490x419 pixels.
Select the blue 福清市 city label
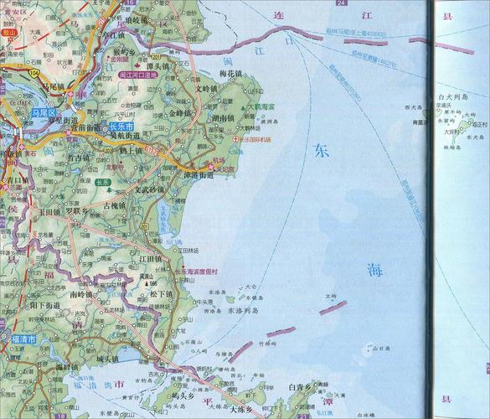(x=18, y=340)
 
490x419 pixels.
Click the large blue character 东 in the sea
(x=322, y=151)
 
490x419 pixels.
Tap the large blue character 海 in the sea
(x=374, y=270)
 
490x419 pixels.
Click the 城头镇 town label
(x=110, y=360)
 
